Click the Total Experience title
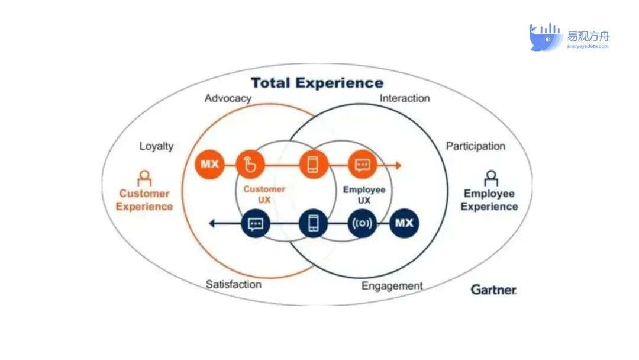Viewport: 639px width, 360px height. (x=317, y=83)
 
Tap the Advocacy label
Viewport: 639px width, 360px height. (x=228, y=99)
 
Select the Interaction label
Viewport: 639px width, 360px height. (x=405, y=98)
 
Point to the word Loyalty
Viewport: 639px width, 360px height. (x=156, y=146)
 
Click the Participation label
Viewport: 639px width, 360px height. (x=476, y=146)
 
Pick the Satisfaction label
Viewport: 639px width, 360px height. (x=234, y=284)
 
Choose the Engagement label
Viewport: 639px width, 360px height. (x=392, y=286)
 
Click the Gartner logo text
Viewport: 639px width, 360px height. (x=493, y=290)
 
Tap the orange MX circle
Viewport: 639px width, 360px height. (x=209, y=165)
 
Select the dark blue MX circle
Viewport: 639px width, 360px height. (x=404, y=223)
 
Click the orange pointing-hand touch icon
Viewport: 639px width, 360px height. (x=250, y=165)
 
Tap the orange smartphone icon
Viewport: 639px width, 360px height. (x=314, y=165)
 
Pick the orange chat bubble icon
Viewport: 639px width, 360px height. (x=362, y=165)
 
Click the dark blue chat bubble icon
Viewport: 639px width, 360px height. (x=256, y=223)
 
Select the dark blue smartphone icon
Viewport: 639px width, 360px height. (x=313, y=223)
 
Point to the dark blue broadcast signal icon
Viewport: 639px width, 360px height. (x=362, y=223)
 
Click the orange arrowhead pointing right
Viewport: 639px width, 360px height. (x=398, y=165)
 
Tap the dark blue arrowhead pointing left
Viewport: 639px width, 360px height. (x=212, y=223)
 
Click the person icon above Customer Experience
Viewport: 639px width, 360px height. (x=144, y=178)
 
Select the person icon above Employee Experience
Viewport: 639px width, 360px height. (x=491, y=178)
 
